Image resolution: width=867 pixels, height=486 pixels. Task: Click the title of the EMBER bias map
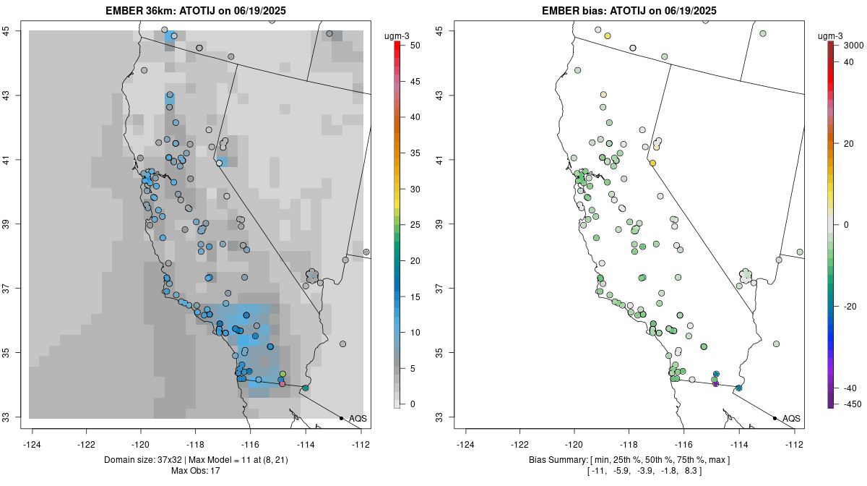coord(629,10)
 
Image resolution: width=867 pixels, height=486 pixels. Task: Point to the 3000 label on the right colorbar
coord(853,45)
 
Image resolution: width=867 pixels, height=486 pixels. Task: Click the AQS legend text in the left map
coord(358,418)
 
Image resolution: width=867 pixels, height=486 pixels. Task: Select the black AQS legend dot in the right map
coord(775,418)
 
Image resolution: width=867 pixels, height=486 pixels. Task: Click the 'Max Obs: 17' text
coord(195,471)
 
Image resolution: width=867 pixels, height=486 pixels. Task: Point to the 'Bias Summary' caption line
coord(629,459)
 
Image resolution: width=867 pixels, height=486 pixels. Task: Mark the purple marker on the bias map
coord(715,384)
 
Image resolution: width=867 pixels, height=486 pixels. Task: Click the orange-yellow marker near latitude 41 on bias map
coord(652,163)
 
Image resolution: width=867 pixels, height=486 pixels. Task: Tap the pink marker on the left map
coord(282,384)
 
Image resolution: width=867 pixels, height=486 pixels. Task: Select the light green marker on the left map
coord(282,374)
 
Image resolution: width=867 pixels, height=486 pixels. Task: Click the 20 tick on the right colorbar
coord(850,143)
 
